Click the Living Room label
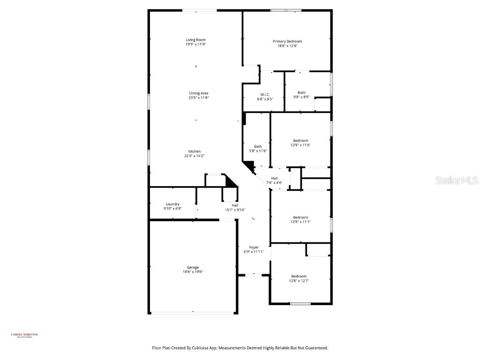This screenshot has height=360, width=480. point(195,40)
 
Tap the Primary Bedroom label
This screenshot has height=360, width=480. point(287,41)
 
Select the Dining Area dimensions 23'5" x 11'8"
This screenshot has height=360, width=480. point(199,98)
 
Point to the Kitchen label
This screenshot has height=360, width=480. point(195,151)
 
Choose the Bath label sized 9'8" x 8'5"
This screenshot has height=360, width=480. point(301,92)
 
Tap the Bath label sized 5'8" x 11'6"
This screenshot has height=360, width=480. point(258,146)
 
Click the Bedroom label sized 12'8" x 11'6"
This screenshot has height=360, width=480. point(300,141)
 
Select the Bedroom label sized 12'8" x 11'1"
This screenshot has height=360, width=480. point(300,217)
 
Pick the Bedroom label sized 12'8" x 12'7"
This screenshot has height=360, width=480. point(299,276)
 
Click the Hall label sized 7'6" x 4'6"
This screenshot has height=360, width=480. point(274,178)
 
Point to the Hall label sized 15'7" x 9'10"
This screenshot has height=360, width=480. point(235,205)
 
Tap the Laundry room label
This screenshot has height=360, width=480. point(172,204)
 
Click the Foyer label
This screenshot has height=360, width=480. point(254,247)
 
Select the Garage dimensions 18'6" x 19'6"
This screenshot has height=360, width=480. point(193,272)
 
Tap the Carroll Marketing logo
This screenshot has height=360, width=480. point(25,335)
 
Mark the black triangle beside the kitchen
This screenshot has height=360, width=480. point(231,180)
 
